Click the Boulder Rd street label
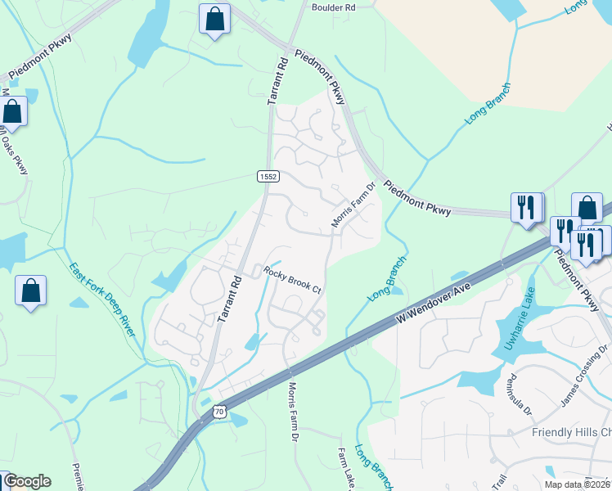pyautogui.click(x=334, y=7)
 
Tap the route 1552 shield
pyautogui.click(x=268, y=176)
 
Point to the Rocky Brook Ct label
pyautogui.click(x=292, y=279)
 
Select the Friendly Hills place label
pyautogui.click(x=571, y=432)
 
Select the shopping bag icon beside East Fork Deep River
pyautogui.click(x=31, y=291)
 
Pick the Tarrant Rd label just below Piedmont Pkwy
pyautogui.click(x=278, y=80)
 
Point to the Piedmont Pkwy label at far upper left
pyautogui.click(x=41, y=56)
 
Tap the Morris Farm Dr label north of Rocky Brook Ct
pyautogui.click(x=353, y=205)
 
